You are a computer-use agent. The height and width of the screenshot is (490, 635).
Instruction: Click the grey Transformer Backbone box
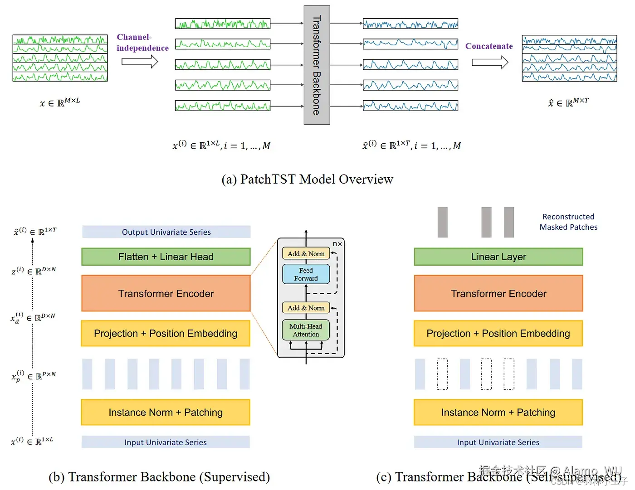pos(317,65)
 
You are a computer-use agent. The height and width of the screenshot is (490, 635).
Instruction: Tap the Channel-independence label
pos(142,43)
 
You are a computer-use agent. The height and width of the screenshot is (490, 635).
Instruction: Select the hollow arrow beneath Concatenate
pos(490,62)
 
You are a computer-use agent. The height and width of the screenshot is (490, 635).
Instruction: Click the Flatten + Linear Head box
pos(166,257)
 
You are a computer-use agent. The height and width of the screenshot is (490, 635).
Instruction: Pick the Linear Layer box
pos(498,257)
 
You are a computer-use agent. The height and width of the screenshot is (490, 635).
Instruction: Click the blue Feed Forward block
pos(306,274)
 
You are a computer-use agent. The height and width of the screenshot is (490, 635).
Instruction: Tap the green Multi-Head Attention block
pos(306,330)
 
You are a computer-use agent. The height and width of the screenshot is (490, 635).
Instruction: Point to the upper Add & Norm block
pos(306,254)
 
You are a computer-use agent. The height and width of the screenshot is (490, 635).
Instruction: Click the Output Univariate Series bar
pos(166,232)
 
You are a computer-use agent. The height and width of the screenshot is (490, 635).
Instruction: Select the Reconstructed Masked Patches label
pos(568,222)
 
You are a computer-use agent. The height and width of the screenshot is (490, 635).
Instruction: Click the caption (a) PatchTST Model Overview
pos(307,180)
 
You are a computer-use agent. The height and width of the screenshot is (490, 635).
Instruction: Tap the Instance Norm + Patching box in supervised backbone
pos(166,412)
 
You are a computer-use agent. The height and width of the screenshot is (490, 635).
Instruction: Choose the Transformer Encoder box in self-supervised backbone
pos(498,293)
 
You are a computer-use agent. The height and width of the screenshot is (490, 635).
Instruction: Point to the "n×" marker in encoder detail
pos(337,244)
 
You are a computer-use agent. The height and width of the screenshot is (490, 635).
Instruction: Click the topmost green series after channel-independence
pos(223,24)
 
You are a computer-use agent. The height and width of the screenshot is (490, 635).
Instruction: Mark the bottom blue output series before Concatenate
pos(410,106)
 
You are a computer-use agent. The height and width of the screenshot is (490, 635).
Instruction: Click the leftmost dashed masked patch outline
pos(442,374)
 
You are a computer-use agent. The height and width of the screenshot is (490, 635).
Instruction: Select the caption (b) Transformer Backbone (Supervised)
pos(159,477)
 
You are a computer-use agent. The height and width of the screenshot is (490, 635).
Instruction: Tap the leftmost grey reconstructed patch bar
pos(443,222)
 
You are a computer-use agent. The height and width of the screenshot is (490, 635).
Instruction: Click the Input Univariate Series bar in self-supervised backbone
pos(498,442)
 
